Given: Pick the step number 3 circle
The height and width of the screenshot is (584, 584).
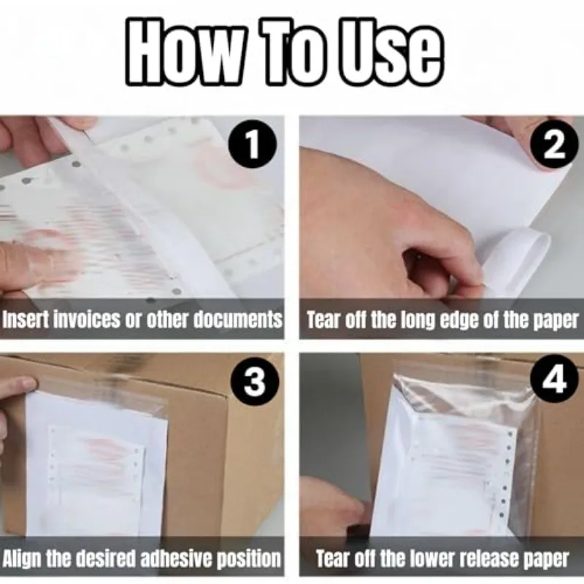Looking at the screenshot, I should click(253, 383).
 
